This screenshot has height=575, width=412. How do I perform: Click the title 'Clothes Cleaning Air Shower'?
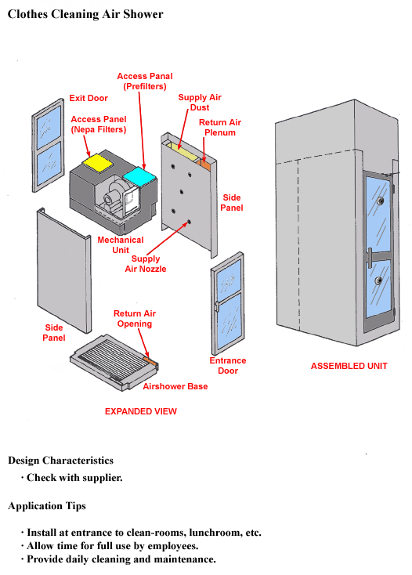[85, 15]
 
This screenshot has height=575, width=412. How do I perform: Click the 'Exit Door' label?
[89, 98]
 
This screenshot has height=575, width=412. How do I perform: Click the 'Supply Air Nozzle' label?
[146, 264]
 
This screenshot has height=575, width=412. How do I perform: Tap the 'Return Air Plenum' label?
[219, 128]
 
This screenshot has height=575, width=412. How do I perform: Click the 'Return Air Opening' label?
[133, 319]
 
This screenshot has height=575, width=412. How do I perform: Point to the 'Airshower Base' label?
[175, 386]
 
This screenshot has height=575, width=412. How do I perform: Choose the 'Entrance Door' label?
[227, 366]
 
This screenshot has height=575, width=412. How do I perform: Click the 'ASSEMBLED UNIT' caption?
[349, 366]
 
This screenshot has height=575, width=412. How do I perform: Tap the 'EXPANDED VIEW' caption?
[141, 411]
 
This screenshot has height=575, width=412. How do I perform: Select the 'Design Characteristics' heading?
[60, 461]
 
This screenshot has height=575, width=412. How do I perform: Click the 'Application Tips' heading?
[47, 506]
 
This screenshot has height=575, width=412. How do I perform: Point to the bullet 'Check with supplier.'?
[74, 477]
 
